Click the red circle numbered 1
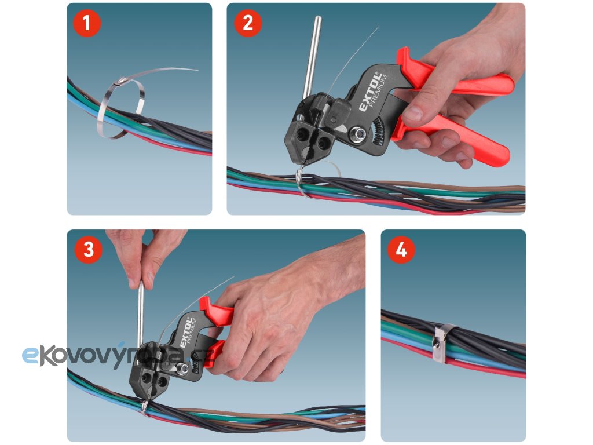pyautogui.click(x=87, y=23)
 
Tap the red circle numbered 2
pyautogui.click(x=248, y=23)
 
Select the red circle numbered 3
pyautogui.click(x=89, y=249)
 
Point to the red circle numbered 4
pyautogui.click(x=401, y=249)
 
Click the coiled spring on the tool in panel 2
pyautogui.click(x=379, y=131)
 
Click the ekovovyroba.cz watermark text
pyautogui.click(x=118, y=356)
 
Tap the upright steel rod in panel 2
pyautogui.click(x=312, y=57)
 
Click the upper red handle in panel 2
pyautogui.click(x=454, y=76)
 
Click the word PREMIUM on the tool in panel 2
pyautogui.click(x=378, y=92)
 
